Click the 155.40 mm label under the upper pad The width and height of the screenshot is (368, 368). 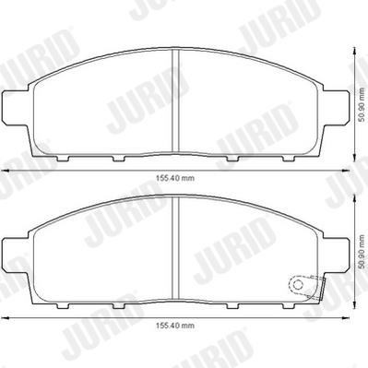tap(175, 178)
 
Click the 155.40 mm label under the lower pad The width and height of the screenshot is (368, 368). tap(175, 326)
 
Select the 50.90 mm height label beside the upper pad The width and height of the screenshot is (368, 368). tap(362, 105)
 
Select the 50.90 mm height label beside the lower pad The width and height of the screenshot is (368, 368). tap(362, 253)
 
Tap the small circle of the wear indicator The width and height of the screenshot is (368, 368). tap(297, 284)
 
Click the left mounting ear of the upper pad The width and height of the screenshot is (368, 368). tap(16, 108)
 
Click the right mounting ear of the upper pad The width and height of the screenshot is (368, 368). tap(336, 108)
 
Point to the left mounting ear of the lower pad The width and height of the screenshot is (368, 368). tap(16, 255)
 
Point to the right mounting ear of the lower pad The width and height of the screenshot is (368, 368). tap(336, 255)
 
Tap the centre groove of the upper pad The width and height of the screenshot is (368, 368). tap(175, 101)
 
